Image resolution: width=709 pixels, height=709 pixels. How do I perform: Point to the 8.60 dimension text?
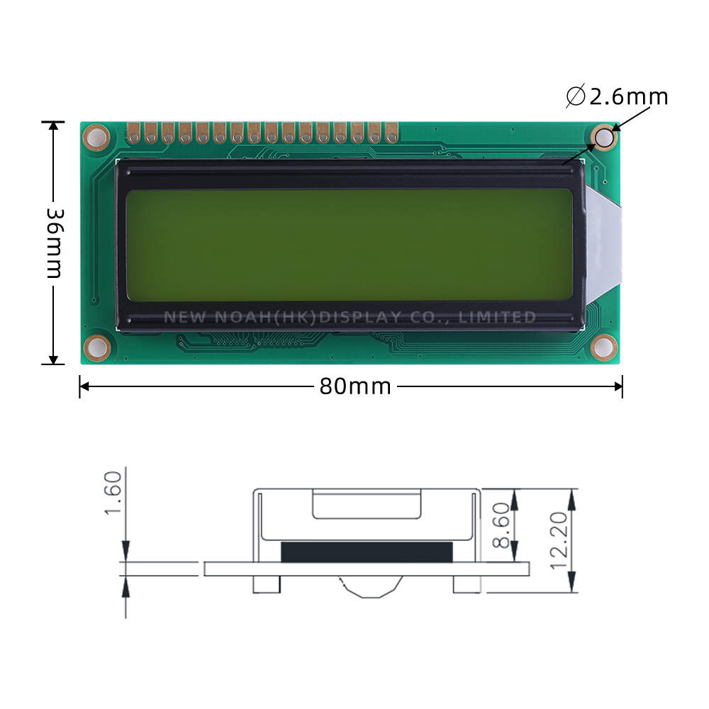click(501, 526)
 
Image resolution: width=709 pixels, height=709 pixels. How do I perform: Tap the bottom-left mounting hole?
click(96, 347)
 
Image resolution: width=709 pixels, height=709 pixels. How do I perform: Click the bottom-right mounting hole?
click(604, 347)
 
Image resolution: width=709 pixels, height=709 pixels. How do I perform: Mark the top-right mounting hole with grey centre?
click(604, 138)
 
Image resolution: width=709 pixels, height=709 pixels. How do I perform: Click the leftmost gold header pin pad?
click(133, 132)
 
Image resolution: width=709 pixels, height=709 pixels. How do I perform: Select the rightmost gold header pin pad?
click(392, 132)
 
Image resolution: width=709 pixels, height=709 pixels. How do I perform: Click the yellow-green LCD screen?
click(349, 245)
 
